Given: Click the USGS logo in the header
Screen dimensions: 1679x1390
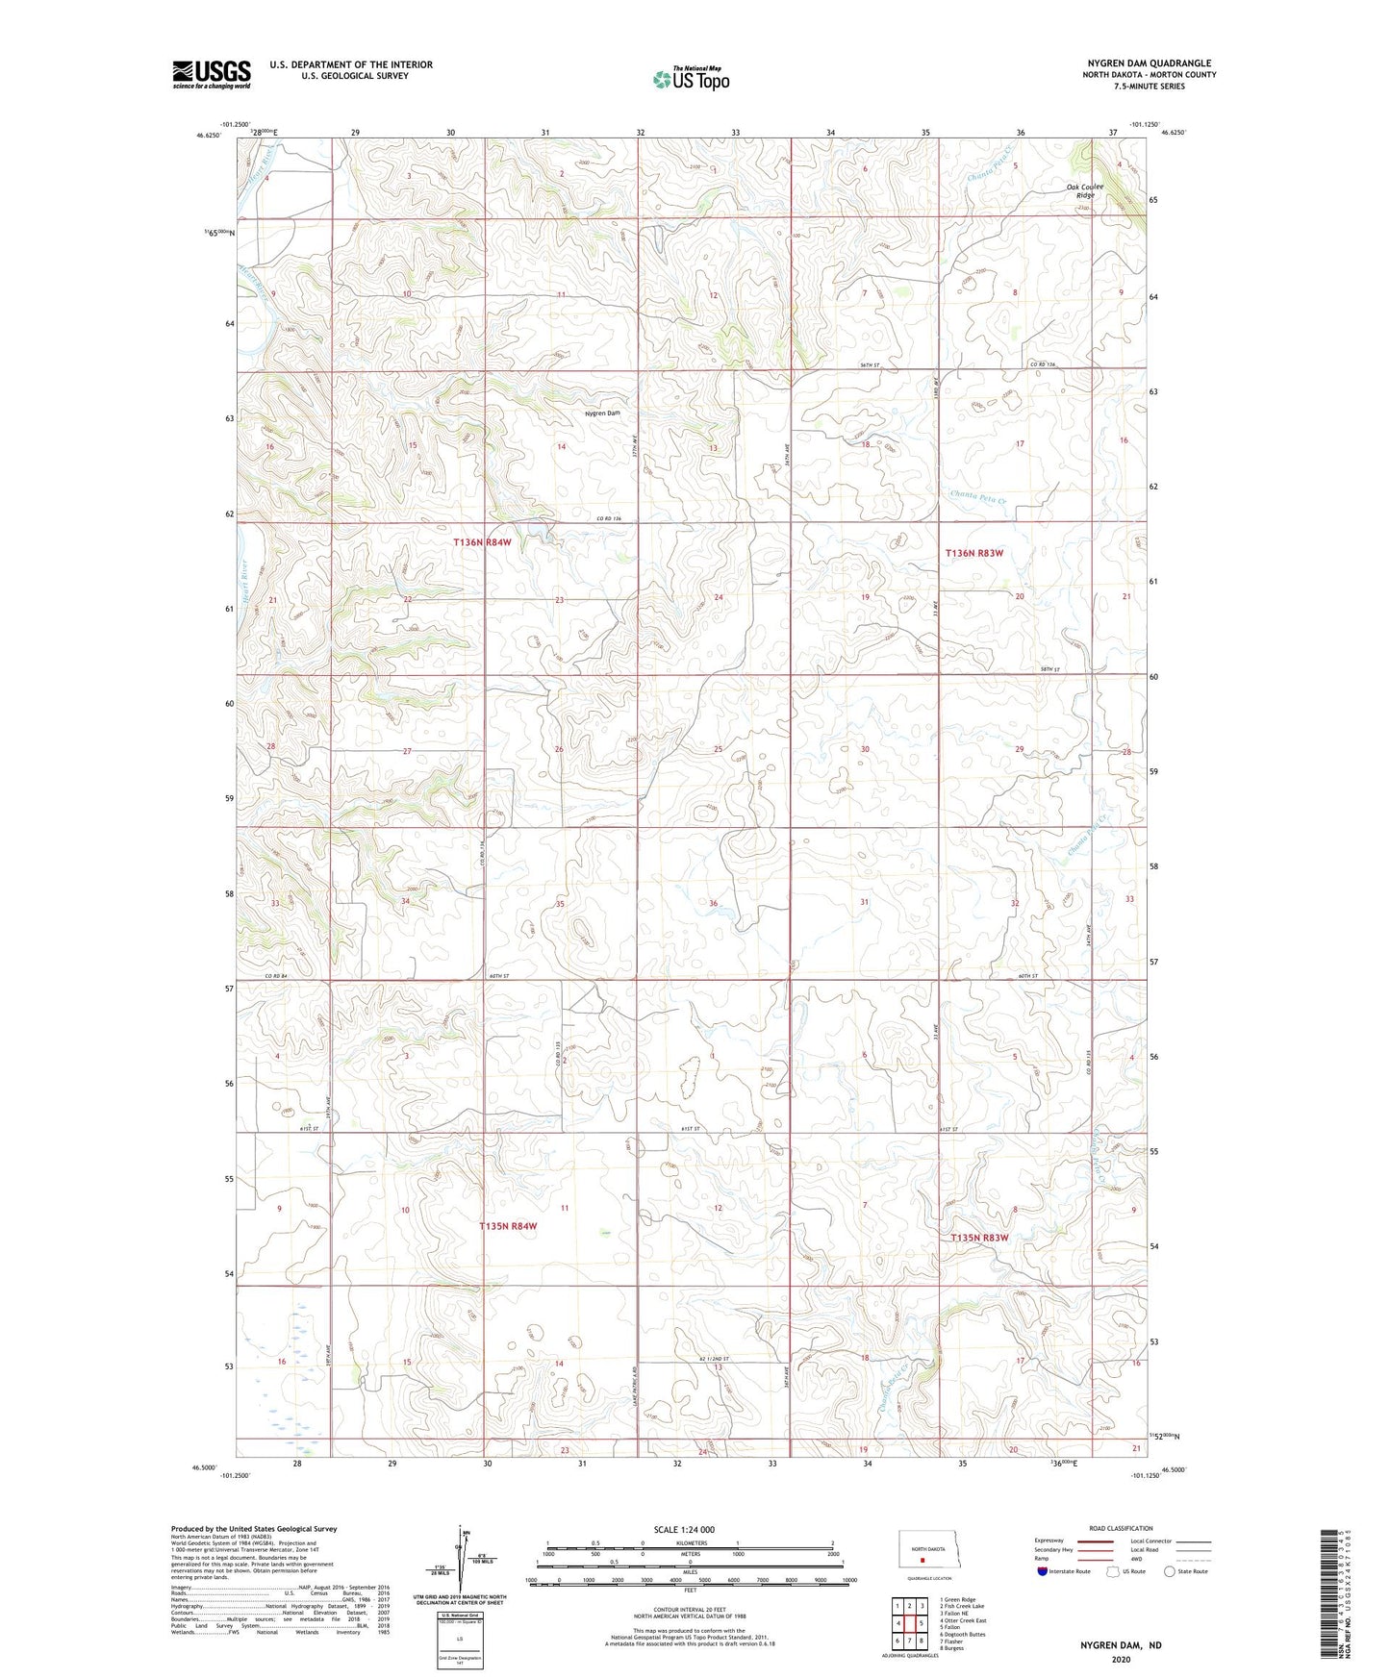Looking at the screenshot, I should (x=212, y=74).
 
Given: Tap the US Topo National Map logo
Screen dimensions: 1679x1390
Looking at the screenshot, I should (x=691, y=78).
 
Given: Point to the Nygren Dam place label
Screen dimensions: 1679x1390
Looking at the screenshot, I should (x=603, y=413).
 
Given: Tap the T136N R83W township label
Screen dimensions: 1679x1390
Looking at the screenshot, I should (x=973, y=553).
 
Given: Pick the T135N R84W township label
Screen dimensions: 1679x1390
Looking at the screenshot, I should (x=507, y=1226).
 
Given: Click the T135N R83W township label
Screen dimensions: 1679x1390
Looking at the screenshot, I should (x=979, y=1238).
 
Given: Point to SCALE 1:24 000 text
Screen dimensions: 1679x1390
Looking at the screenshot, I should (x=683, y=1529).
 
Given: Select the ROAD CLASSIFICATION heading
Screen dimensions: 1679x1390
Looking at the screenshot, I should (x=1121, y=1528).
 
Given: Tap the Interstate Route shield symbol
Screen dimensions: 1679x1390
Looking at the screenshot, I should (x=1043, y=1571).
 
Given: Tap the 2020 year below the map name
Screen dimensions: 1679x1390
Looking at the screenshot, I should (x=1120, y=1659).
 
